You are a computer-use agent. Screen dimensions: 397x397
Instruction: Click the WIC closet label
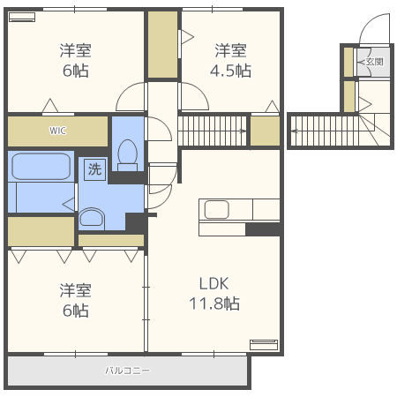click(57, 131)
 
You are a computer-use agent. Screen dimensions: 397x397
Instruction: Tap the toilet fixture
click(127, 155)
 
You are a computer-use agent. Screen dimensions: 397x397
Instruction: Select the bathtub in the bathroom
click(41, 166)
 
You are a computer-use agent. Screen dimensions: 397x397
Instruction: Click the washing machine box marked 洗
click(94, 169)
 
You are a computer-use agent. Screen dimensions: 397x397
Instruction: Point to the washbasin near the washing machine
click(92, 219)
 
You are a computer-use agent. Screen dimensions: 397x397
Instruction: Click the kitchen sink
click(216, 209)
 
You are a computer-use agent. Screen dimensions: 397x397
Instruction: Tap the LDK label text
click(213, 283)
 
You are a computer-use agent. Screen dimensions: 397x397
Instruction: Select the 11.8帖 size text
click(214, 303)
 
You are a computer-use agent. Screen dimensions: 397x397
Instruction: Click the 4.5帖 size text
click(230, 71)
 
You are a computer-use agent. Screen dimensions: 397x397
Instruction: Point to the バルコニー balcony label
click(127, 371)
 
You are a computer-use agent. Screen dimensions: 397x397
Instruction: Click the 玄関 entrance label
click(375, 62)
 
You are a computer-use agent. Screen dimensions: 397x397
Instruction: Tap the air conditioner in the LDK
click(264, 345)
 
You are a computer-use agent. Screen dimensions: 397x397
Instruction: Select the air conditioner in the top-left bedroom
click(22, 17)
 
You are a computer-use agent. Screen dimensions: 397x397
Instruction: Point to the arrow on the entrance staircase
click(295, 131)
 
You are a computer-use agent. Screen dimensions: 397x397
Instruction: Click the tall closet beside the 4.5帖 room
click(162, 45)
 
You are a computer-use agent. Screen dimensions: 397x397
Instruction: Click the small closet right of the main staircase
click(265, 131)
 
